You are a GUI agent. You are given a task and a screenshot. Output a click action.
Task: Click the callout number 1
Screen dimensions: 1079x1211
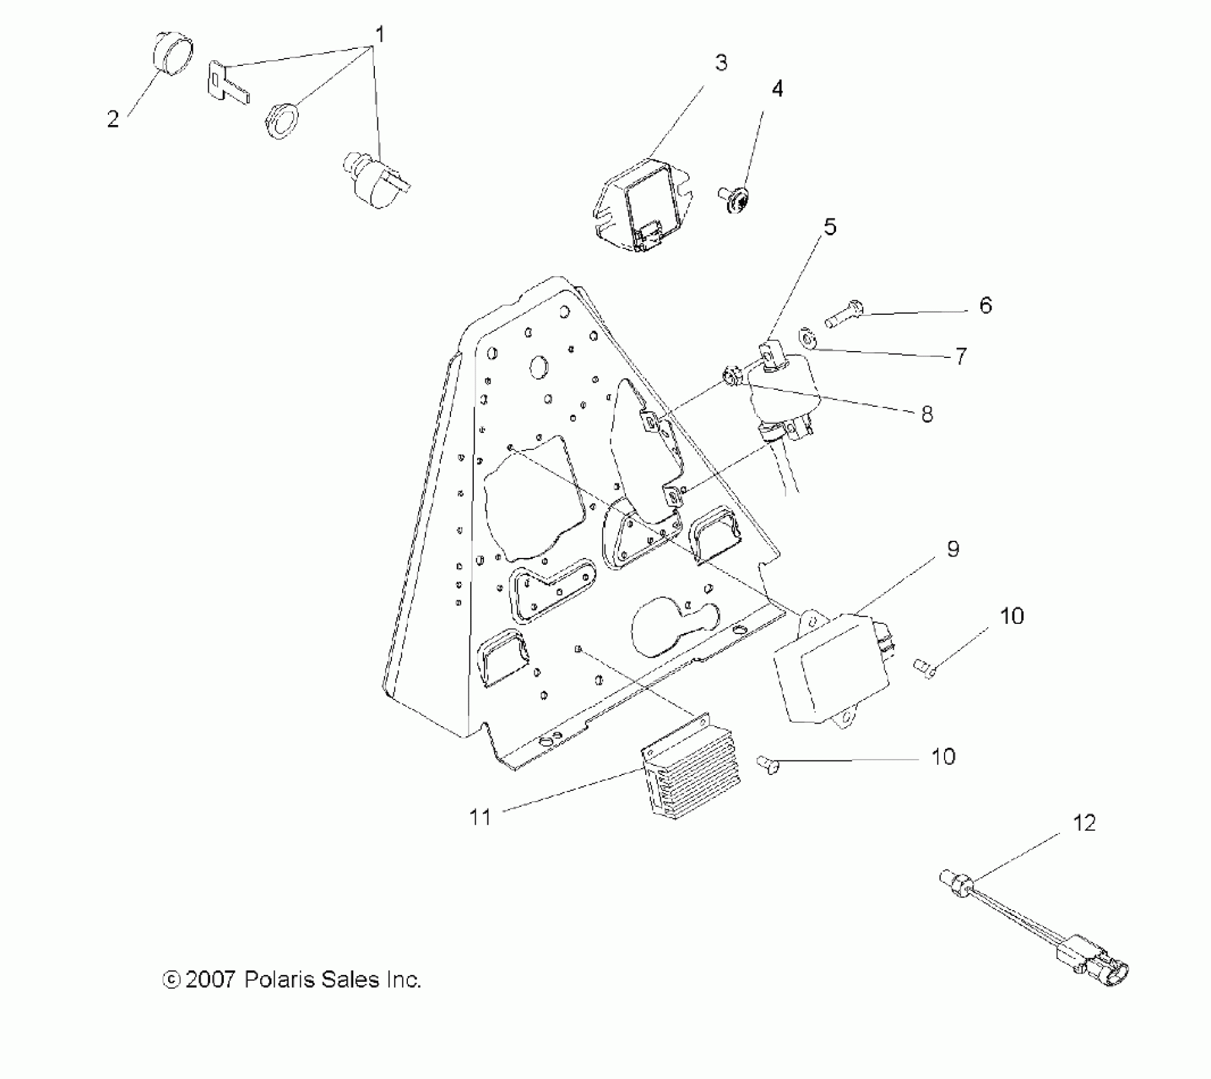[x=379, y=33]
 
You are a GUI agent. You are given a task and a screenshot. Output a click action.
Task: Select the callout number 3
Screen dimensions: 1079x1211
[x=721, y=63]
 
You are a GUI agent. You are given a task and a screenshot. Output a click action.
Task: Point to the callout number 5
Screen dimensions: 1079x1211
[x=830, y=227]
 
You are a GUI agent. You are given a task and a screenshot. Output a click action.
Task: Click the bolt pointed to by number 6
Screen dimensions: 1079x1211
[x=843, y=314]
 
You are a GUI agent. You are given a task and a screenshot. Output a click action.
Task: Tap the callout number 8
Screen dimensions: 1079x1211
[x=927, y=414]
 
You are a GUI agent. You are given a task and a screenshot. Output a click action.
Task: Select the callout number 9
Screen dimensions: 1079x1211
[x=953, y=549]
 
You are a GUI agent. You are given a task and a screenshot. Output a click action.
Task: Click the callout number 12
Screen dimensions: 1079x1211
[x=1084, y=823]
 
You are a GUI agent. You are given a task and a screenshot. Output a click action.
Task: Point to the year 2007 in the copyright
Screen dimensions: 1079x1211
[x=211, y=979]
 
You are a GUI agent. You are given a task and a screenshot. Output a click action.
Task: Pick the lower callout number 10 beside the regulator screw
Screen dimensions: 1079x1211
[x=943, y=756]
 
